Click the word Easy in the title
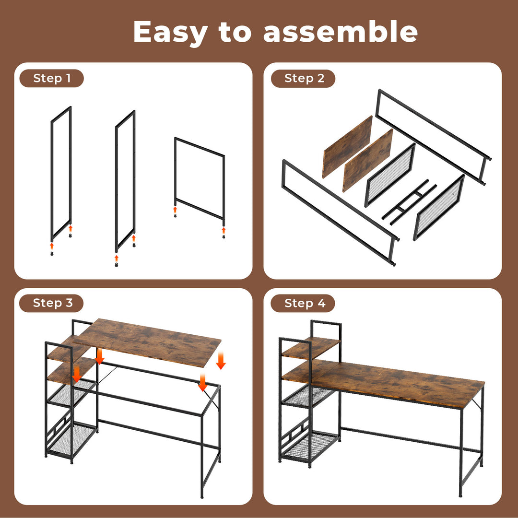tap(170, 32)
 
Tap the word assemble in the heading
tap(340, 32)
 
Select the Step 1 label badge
tap(51, 79)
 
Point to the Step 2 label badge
tap(303, 79)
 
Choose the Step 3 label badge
tap(51, 303)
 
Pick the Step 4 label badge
tap(303, 303)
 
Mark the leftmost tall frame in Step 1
tap(61, 173)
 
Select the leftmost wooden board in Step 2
tap(348, 146)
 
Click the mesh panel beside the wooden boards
tap(389, 175)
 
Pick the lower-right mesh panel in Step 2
tap(438, 207)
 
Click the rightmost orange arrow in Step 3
tap(221, 361)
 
